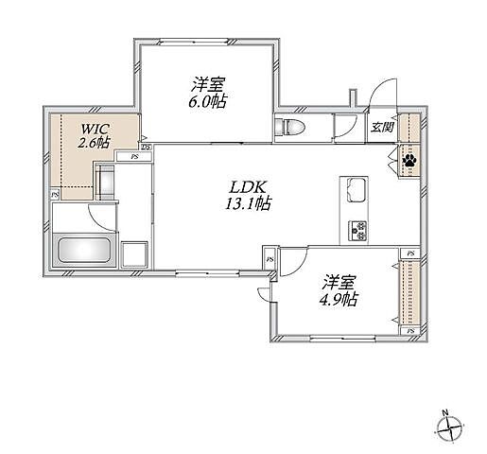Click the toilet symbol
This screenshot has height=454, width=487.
tap(289, 128)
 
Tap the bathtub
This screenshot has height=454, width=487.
tap(84, 250)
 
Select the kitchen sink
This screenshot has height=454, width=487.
tap(357, 190)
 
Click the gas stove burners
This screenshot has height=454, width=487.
tap(357, 231)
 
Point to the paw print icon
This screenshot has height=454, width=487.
tap(409, 161)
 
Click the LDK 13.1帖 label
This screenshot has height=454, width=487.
tap(248, 196)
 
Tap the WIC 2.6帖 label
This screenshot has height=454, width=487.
tap(94, 136)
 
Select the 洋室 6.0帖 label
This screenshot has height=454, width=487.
tap(208, 93)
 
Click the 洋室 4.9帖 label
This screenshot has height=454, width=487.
tap(339, 290)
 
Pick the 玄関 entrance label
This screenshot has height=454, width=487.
tap(382, 128)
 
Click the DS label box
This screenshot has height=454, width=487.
tap(147, 148)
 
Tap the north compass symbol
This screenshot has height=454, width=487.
tap(450, 429)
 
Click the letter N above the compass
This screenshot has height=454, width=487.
tap(445, 412)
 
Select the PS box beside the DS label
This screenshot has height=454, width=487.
tap(134, 156)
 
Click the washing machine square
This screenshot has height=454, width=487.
tap(134, 254)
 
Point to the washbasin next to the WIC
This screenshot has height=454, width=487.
tap(106, 182)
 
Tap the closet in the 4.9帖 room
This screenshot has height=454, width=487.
tap(409, 292)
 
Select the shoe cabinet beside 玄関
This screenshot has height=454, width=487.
tap(409, 128)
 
